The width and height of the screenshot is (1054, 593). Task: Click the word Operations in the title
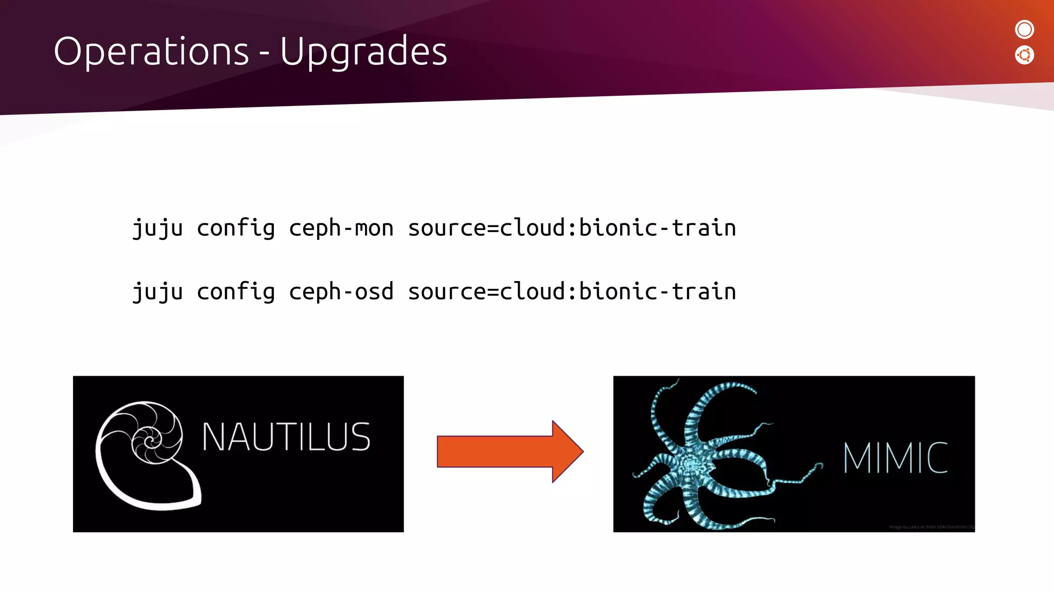(x=151, y=51)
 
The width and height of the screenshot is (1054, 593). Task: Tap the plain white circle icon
(x=1024, y=29)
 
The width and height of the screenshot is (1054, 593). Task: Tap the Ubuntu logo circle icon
(x=1024, y=55)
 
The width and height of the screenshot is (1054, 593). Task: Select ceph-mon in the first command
(x=341, y=228)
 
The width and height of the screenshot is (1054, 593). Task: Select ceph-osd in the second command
(x=341, y=292)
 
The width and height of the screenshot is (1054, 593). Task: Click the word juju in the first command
(x=157, y=228)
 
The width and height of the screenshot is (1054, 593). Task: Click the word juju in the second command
(x=157, y=292)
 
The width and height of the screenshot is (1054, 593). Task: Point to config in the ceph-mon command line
(x=236, y=228)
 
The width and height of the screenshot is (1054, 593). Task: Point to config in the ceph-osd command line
(x=236, y=292)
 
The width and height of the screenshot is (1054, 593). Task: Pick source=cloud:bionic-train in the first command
(x=571, y=228)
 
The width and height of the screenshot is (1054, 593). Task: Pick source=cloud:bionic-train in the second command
(x=571, y=292)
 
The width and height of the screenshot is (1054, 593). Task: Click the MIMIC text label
(x=895, y=458)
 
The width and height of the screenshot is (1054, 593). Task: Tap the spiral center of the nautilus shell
(x=149, y=442)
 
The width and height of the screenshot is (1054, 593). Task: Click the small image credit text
(x=932, y=527)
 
